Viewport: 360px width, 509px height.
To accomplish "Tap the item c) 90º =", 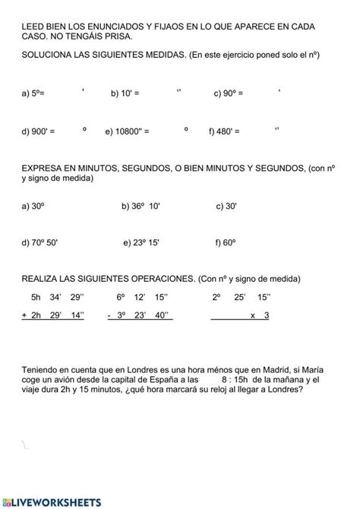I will [228, 93].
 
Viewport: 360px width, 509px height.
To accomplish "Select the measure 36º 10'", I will [146, 205].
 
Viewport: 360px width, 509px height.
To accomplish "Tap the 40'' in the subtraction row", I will [166, 315].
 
